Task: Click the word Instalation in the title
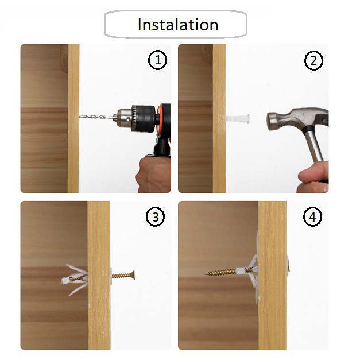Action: pos(178,25)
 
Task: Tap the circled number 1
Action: pos(157,60)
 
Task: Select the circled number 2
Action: pos(313,61)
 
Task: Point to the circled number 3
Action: pos(156,216)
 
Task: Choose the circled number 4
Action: pos(313,216)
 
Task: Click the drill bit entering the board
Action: pos(97,117)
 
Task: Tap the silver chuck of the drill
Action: pos(124,118)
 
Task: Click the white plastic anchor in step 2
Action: pos(238,118)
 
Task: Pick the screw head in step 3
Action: pos(132,274)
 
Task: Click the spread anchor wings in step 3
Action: pos(75,280)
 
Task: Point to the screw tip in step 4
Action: pos(206,273)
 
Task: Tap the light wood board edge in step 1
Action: pos(73,118)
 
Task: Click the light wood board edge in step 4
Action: pos(272,276)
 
